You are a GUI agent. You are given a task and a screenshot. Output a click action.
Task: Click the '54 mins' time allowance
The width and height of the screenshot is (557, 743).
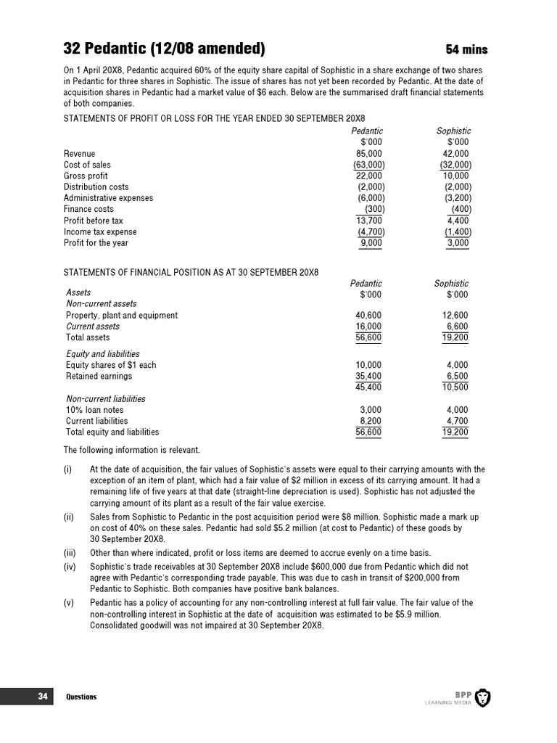[x=466, y=49]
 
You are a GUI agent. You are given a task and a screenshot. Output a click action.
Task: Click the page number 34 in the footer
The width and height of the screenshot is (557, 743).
[x=43, y=697]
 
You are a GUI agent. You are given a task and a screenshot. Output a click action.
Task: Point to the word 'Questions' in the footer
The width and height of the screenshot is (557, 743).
[x=81, y=697]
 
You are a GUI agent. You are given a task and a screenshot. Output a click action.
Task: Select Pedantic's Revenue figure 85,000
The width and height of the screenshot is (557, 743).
[x=368, y=154]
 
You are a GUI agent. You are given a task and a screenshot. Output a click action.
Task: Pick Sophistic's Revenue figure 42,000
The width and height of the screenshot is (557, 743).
[x=455, y=154]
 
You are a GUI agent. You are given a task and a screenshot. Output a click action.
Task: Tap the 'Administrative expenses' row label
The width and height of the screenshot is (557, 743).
[x=108, y=198]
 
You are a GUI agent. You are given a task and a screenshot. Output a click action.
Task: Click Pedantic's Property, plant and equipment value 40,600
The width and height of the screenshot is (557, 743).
[x=368, y=316]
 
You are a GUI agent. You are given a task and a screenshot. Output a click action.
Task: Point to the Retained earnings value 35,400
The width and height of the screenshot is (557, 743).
[x=368, y=377]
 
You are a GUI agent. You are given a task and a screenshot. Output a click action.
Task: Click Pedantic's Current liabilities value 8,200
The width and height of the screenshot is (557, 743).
[x=370, y=421]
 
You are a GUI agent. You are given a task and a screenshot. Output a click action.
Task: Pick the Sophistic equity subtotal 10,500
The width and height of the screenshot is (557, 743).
[x=455, y=387]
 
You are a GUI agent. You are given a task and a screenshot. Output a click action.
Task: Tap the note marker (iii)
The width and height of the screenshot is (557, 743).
[x=69, y=551]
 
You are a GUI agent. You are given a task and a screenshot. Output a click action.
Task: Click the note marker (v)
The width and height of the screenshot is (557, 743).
[x=68, y=603]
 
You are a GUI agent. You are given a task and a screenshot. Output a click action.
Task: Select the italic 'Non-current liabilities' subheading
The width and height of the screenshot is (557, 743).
[x=106, y=399]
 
